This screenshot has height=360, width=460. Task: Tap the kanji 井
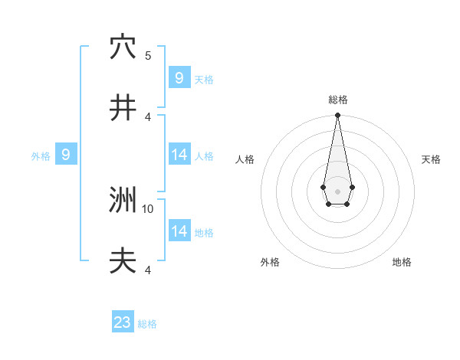pos(123,108)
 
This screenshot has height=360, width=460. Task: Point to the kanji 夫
pos(123,262)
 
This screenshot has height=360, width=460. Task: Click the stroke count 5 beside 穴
pos(148,55)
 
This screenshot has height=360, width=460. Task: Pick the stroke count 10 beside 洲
pos(148,208)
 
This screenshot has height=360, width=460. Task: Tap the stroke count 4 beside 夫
pos(148,270)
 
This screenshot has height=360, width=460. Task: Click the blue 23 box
pos(123,322)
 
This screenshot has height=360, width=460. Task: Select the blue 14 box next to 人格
pos(179,155)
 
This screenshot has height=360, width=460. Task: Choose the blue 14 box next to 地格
pos(179,231)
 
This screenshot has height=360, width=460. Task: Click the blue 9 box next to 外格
pos(66,155)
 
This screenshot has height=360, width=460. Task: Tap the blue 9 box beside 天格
pos(179,77)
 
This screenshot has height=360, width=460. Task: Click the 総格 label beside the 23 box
pos(147,324)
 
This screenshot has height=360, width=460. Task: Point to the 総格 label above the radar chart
pos(337,100)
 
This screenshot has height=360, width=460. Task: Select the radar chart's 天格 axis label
pos(431,159)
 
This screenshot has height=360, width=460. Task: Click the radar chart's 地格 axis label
pos(402,262)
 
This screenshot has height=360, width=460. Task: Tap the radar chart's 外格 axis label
pos(270,262)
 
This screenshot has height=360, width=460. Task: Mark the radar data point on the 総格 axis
pos(337,115)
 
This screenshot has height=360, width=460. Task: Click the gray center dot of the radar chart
pos(337,191)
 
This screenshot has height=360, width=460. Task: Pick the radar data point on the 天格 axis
pos(352,186)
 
